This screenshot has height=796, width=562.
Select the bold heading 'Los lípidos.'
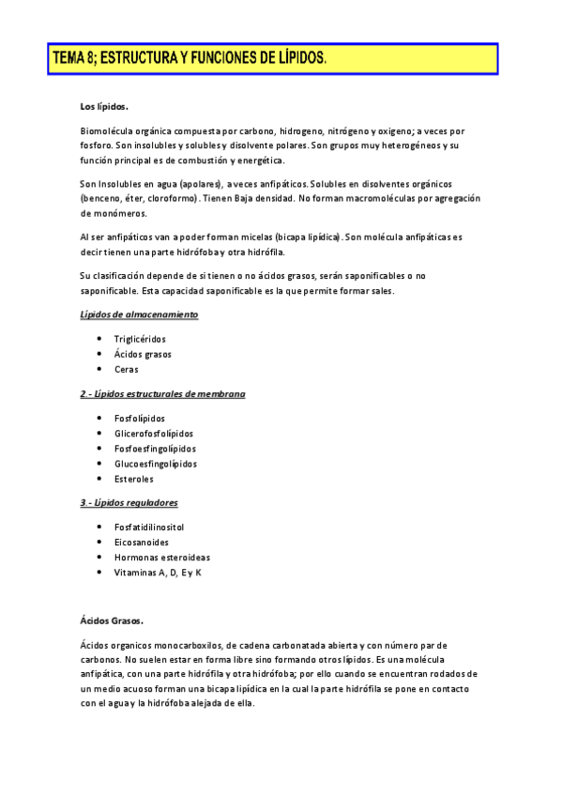(x=104, y=108)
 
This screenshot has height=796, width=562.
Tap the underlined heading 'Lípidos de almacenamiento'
(x=139, y=314)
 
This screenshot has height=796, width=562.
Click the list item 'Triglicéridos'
(x=142, y=339)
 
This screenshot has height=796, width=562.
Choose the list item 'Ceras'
(x=126, y=369)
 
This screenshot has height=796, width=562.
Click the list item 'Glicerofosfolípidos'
(x=153, y=434)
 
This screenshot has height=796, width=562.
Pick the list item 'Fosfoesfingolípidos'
(x=155, y=449)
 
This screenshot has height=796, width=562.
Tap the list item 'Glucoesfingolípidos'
(x=155, y=464)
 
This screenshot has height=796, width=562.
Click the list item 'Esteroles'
(x=133, y=479)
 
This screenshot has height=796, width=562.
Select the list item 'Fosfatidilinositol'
(x=149, y=527)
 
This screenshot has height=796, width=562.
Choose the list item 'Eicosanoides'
(x=141, y=542)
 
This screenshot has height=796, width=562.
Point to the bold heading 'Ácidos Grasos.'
(x=112, y=621)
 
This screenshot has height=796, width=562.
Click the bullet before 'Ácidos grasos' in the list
(x=99, y=354)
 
